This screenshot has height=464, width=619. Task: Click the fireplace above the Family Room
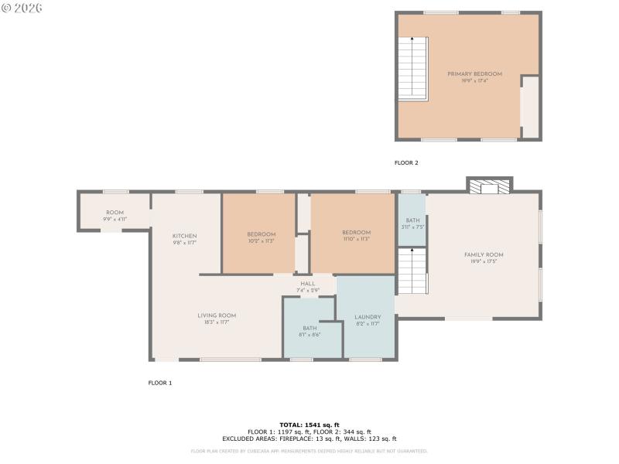coord(489,186)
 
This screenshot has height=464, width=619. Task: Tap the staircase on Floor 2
coord(412,70)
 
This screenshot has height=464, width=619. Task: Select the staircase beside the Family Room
coord(411,271)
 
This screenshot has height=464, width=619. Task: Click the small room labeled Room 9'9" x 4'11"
coord(115,216)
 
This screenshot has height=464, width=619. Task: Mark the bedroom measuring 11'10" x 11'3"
coord(356,235)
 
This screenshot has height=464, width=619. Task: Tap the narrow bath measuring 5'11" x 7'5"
coord(412,223)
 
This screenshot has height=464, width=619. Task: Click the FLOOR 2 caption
coord(406,163)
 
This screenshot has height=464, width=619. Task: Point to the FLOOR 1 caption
coord(159,383)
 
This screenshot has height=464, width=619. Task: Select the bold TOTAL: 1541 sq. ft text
coord(309,425)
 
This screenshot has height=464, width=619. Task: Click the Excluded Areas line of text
coord(309,438)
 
